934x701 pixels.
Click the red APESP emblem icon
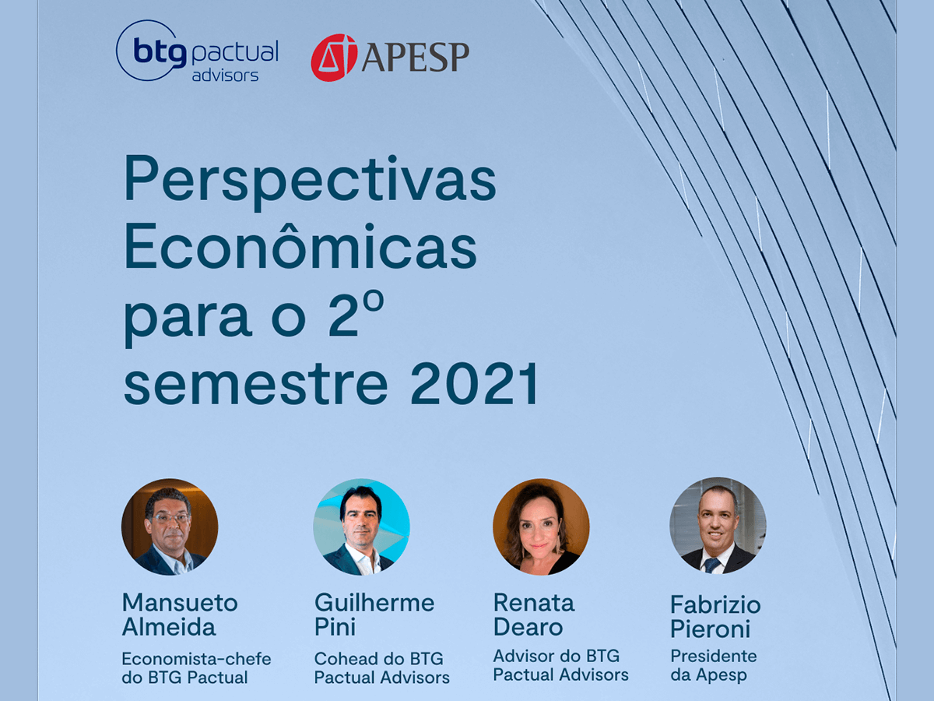coord(334,58)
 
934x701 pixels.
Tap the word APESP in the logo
coord(416,58)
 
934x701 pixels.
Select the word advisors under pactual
coord(225,76)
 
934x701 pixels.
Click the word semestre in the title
coord(256,386)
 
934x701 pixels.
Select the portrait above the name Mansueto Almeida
coord(170,527)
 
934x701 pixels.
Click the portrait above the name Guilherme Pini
coord(362,527)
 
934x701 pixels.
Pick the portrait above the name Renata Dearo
coord(541,527)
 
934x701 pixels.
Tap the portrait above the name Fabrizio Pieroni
coord(718,526)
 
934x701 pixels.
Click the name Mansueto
coord(180,603)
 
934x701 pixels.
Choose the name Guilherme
coord(374,603)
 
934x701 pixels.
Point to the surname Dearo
coord(528,627)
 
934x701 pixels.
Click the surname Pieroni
coord(710,629)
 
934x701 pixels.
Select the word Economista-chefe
coord(197,659)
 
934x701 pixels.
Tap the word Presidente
coord(714,657)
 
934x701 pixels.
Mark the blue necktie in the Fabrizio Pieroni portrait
coord(712,565)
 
